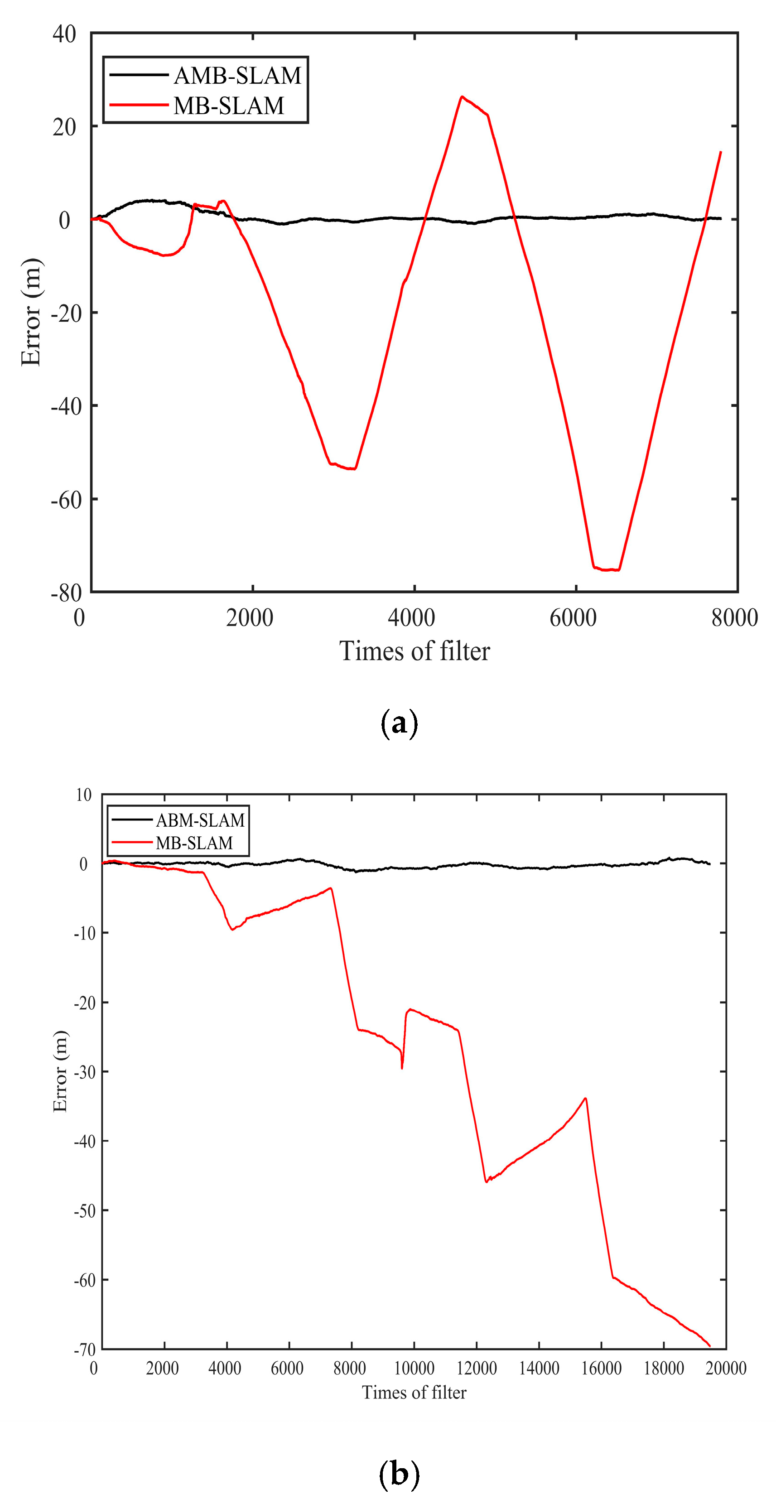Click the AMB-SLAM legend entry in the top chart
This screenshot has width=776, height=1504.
pos(236,75)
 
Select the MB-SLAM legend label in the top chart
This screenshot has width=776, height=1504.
pos(228,106)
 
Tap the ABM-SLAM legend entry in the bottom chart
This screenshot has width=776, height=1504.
pos(200,820)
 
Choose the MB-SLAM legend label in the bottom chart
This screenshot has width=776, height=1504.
pos(194,843)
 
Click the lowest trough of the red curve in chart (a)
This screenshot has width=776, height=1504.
pos(607,570)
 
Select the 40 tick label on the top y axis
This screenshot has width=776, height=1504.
pos(64,34)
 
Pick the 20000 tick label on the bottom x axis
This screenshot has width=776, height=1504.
pos(726,1368)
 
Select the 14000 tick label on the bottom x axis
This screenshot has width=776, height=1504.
pos(539,1368)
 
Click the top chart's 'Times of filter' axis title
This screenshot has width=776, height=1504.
pos(414,651)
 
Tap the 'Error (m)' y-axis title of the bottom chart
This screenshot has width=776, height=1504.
pos(60,1071)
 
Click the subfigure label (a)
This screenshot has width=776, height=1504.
pos(399,724)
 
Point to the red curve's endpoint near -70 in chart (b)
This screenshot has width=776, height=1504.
pos(709,1346)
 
